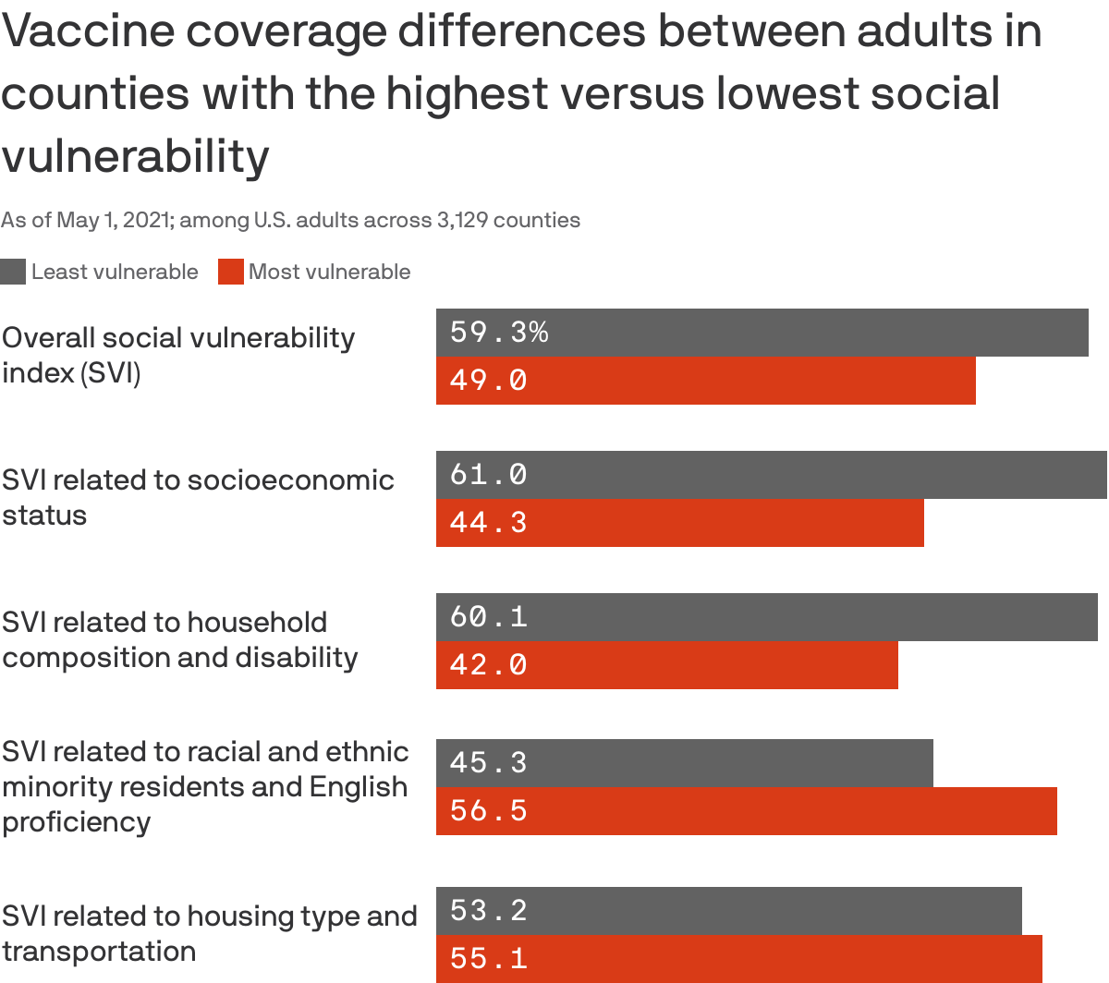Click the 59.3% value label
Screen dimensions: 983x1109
point(499,332)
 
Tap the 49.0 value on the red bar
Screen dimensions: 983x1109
point(488,380)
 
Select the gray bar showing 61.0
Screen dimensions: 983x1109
point(771,475)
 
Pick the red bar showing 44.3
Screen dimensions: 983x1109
point(679,523)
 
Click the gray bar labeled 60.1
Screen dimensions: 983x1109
point(766,617)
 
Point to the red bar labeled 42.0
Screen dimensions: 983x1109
point(666,665)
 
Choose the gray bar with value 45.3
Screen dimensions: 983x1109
point(684,763)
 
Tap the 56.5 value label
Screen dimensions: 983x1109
point(488,811)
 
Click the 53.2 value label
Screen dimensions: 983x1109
point(488,911)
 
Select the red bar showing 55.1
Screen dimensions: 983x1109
point(738,959)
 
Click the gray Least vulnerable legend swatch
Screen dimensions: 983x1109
point(13,272)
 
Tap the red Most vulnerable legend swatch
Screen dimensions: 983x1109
point(230,272)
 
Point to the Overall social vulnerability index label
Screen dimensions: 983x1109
point(177,355)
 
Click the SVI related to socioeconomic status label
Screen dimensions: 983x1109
point(198,497)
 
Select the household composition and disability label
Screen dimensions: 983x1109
point(179,639)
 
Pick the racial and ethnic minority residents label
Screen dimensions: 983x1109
point(204,786)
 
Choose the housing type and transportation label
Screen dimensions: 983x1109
point(209,933)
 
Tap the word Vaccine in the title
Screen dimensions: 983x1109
point(89,31)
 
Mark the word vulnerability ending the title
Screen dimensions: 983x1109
point(135,155)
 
